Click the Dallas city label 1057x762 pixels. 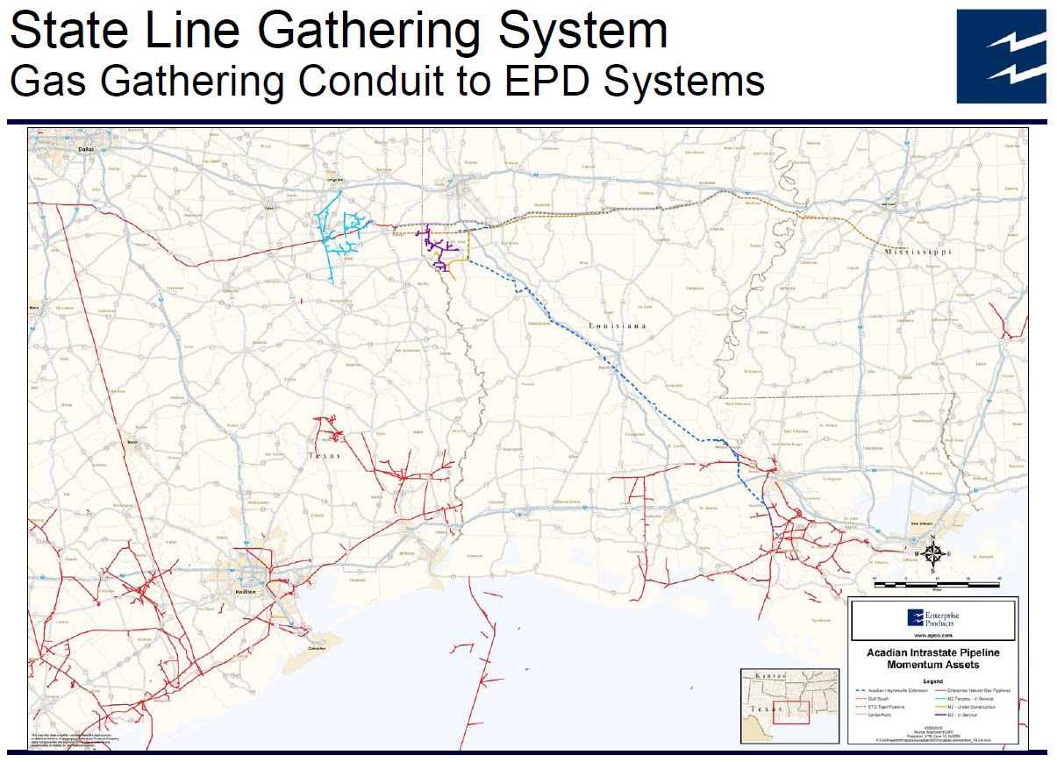click(85, 149)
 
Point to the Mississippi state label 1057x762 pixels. click(918, 251)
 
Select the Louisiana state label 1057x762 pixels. click(617, 325)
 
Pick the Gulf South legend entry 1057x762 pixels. click(875, 699)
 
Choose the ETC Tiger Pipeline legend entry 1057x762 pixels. click(881, 707)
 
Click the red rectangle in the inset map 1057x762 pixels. click(790, 711)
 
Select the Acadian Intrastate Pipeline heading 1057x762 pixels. click(932, 653)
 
